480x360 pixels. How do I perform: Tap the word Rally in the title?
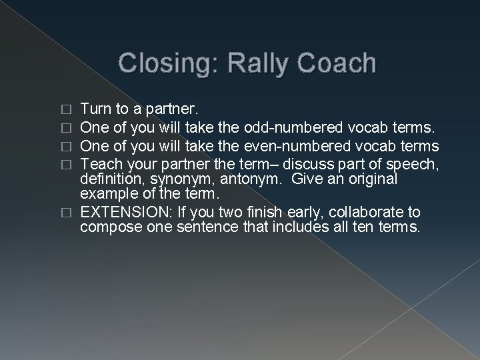tap(248, 63)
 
